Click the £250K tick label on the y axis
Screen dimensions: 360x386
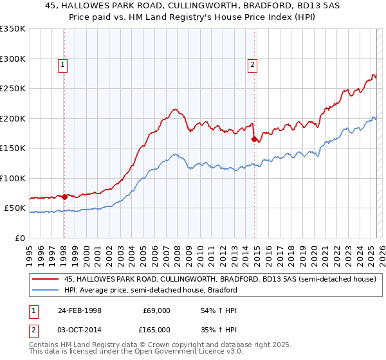13,89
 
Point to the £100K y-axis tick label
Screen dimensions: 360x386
13,178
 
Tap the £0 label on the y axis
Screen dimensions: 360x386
21,238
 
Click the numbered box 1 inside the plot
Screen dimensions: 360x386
63,64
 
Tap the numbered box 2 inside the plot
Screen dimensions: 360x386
253,64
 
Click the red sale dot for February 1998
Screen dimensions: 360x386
65,197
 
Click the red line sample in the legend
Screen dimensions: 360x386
46,279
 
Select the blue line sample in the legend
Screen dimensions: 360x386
46,290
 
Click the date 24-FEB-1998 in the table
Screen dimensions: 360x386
79,310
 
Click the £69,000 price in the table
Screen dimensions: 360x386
156,310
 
